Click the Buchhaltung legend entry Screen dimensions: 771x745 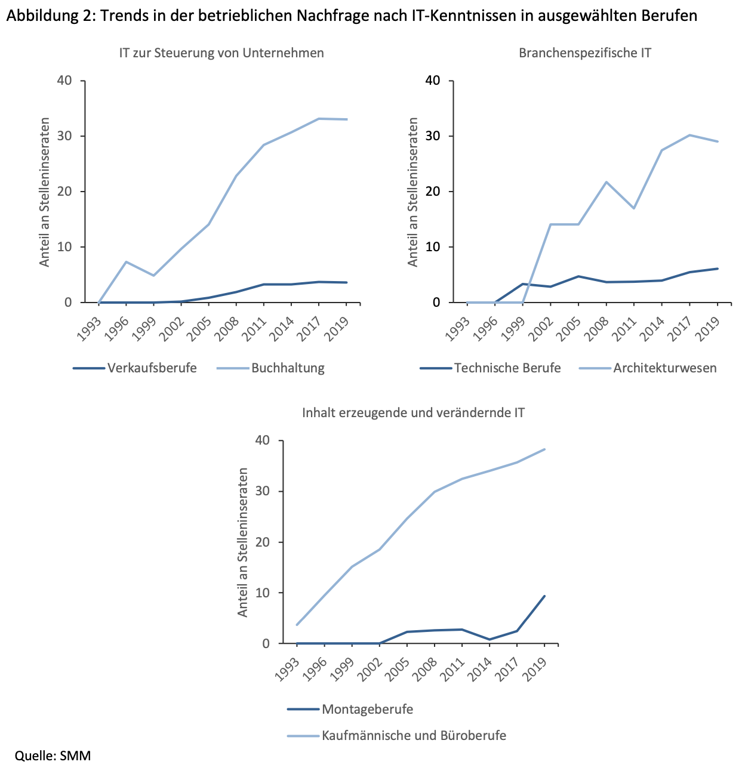tap(288, 368)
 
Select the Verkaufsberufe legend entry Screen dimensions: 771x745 tap(152, 368)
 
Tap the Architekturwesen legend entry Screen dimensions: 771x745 tap(664, 368)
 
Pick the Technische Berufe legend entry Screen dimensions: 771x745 tap(507, 368)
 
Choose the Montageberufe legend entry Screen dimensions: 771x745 tap(367, 710)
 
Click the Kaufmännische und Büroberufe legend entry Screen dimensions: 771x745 tap(414, 736)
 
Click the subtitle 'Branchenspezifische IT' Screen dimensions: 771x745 tap(585, 53)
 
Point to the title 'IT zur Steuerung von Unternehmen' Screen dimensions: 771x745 tap(221, 53)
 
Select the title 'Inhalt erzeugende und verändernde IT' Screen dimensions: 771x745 tap(413, 413)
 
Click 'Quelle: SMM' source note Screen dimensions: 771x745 tap(53, 756)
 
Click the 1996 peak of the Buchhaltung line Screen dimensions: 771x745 tap(126, 262)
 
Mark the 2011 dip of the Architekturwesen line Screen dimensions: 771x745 tap(633, 208)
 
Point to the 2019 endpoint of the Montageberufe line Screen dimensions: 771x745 tap(544, 596)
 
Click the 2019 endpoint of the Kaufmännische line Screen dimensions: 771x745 tap(544, 449)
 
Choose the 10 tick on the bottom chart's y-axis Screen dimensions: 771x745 tap(263, 593)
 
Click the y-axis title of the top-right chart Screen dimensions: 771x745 tap(413, 192)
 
